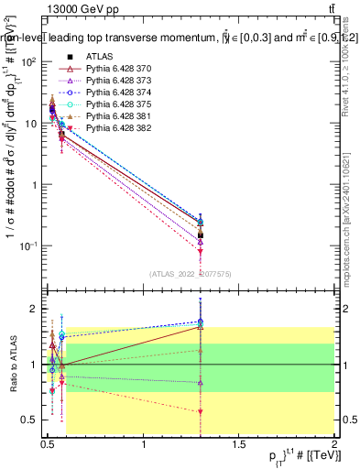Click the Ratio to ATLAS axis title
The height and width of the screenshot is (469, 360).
[x=12, y=364]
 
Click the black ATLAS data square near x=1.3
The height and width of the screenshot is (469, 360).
[x=201, y=234]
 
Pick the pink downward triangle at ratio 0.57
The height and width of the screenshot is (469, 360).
[x=201, y=412]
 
